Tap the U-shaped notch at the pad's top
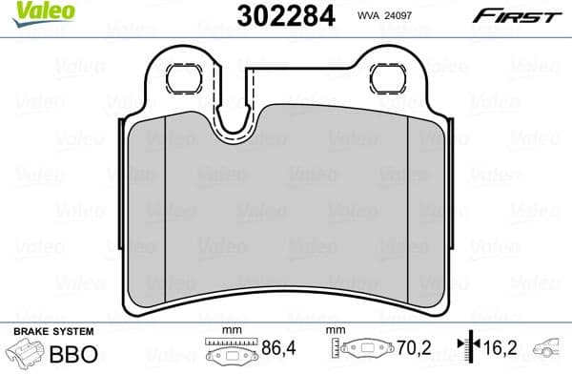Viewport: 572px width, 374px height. coord(235,119)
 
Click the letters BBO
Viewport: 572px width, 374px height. coord(73,351)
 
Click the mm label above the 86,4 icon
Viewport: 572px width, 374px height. coord(230,329)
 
